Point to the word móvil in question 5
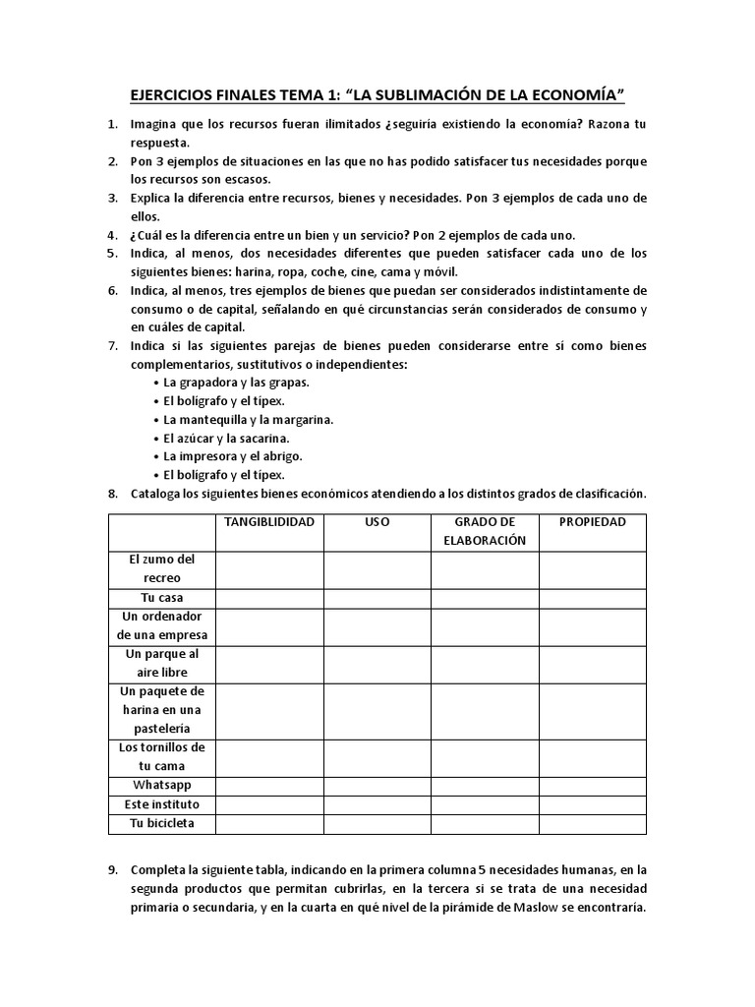(438, 270)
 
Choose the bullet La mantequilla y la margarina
(249, 419)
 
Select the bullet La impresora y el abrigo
(233, 456)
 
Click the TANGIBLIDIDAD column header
(269, 522)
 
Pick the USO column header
(377, 522)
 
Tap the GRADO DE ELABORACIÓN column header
(484, 531)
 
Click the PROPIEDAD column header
(592, 522)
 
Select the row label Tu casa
(161, 598)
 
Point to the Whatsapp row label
(161, 786)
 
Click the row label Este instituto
(161, 804)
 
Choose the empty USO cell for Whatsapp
(377, 786)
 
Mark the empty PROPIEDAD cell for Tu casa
(592, 598)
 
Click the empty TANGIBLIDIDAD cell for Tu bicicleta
(269, 823)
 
